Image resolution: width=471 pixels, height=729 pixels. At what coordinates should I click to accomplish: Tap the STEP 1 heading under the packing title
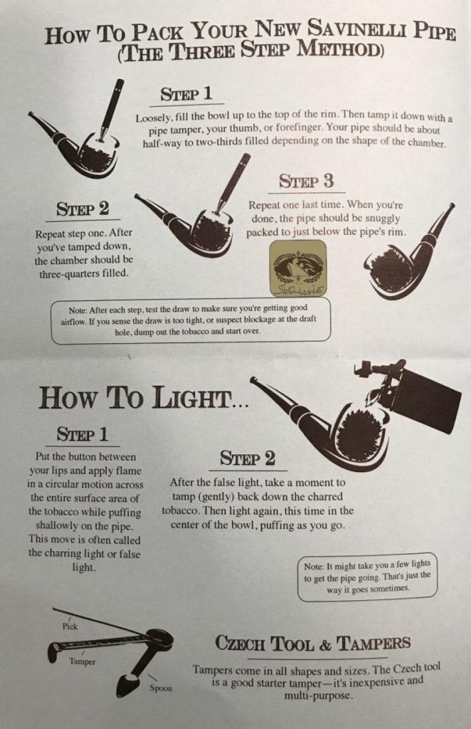point(186,94)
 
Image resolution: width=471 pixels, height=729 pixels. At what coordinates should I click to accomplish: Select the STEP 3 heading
point(306,181)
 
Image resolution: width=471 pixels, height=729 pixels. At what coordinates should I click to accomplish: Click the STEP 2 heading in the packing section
point(83,209)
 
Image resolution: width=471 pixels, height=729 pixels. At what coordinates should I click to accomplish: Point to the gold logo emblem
point(298,268)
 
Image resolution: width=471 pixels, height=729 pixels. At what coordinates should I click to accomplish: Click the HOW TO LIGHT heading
point(143,398)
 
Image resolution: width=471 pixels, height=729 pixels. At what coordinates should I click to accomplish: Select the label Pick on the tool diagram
point(70,626)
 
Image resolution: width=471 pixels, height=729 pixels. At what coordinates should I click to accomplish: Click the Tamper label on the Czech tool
point(83,661)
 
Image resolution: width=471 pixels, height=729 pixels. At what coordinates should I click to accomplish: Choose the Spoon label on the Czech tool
point(161,688)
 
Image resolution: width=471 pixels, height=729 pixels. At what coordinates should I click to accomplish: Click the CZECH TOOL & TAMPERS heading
point(313,644)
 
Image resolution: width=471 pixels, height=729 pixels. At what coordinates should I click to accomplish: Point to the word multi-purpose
point(318,696)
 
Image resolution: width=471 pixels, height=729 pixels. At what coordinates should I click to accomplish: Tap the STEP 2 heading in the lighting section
point(248,458)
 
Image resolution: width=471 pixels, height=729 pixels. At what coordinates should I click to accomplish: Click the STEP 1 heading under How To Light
point(83,434)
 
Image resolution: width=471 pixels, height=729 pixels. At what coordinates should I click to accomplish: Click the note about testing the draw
point(191,320)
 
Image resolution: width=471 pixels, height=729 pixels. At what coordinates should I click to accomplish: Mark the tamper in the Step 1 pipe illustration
point(110,110)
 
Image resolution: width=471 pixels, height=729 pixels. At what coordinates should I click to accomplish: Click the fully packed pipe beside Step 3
point(409,253)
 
